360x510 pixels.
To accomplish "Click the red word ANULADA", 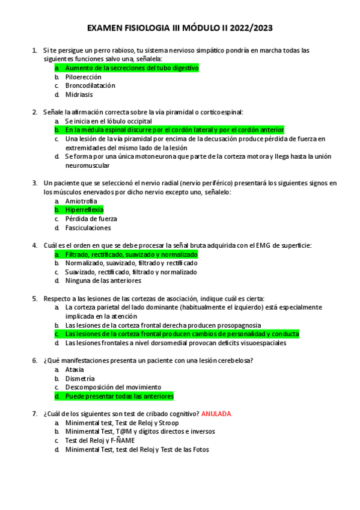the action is pyautogui.click(x=216, y=414).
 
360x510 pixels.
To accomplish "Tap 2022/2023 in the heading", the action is pyautogui.click(x=247, y=28).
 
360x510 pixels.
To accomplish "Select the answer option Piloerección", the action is pyautogui.click(x=83, y=77).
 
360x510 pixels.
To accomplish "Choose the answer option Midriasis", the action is pyautogui.click(x=79, y=94).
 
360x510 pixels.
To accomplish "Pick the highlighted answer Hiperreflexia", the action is pyautogui.click(x=84, y=210).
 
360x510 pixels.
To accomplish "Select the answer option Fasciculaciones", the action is pyautogui.click(x=88, y=228).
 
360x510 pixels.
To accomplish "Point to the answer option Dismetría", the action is pyautogui.click(x=79, y=379).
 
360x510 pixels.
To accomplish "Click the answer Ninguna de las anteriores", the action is pyautogui.click(x=103, y=281).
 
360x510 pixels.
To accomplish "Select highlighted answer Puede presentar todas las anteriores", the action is pyautogui.click(x=119, y=396).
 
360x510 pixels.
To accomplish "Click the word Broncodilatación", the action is pyautogui.click(x=90, y=85).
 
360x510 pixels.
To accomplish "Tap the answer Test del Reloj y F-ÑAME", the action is pyautogui.click(x=100, y=440).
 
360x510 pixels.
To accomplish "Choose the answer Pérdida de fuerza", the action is pyautogui.click(x=91, y=219).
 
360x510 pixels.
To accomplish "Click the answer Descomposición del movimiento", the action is pyautogui.click(x=113, y=387).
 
